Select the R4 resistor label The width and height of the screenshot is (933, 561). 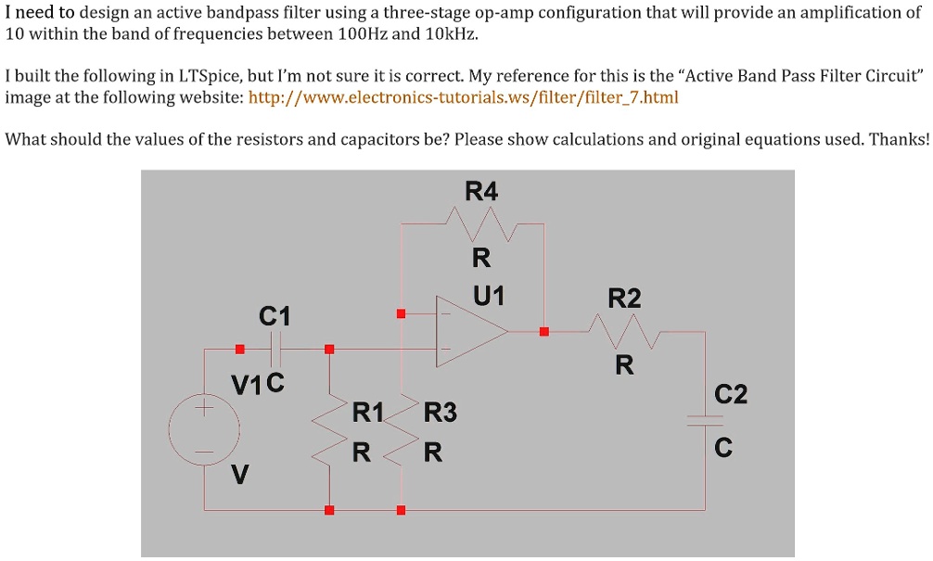pyautogui.click(x=481, y=192)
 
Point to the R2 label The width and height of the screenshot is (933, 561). pyautogui.click(x=624, y=299)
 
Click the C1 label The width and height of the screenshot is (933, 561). pyautogui.click(x=275, y=317)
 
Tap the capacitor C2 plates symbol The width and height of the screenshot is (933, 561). pyautogui.click(x=704, y=420)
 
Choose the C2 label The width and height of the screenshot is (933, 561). pyautogui.click(x=731, y=396)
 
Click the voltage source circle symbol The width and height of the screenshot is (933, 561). pyautogui.click(x=205, y=429)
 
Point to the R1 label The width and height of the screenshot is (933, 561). pyautogui.click(x=367, y=412)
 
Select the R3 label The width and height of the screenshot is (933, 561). pyautogui.click(x=441, y=412)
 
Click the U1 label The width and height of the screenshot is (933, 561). pyautogui.click(x=488, y=297)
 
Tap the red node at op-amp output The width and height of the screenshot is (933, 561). pyautogui.click(x=544, y=331)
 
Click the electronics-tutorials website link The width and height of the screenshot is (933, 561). pyautogui.click(x=465, y=96)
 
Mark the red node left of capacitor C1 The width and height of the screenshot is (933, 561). pyautogui.click(x=239, y=350)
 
